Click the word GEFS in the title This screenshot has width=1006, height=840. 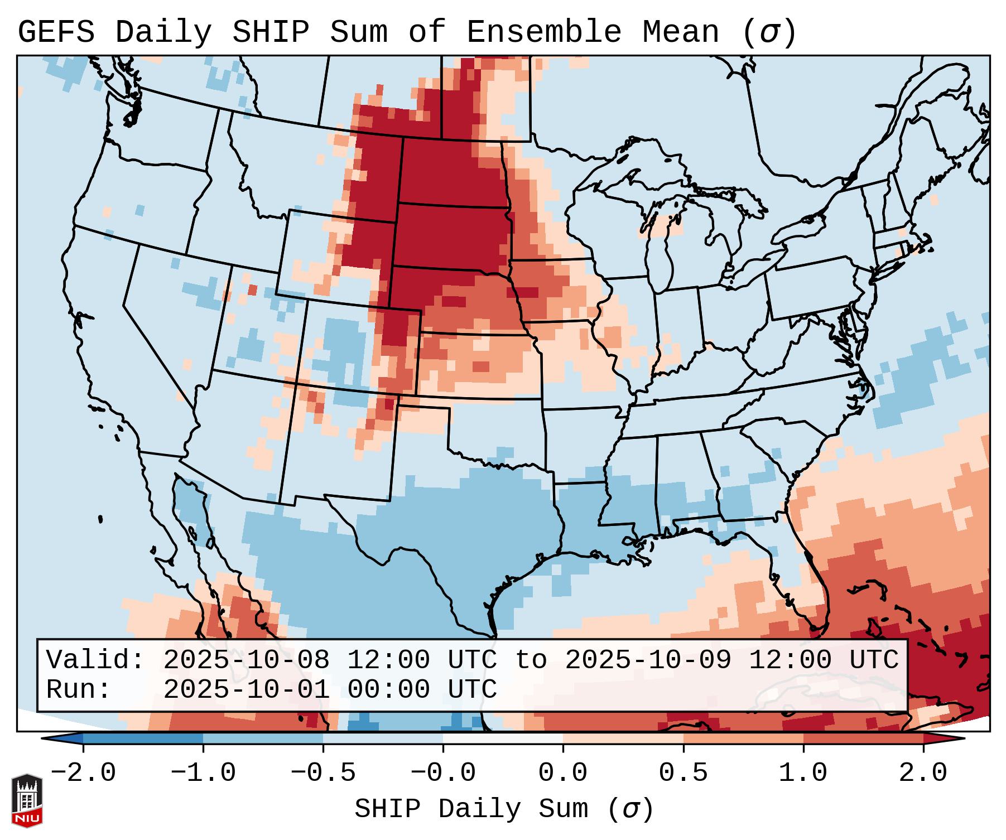click(56, 33)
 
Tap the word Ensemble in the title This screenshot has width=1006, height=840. click(543, 33)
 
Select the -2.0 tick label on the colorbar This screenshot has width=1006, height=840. click(83, 773)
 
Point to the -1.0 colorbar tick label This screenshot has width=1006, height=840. click(203, 773)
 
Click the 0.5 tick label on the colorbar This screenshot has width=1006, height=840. click(683, 773)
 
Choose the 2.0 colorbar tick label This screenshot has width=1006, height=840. click(923, 773)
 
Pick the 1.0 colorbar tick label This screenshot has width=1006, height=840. click(803, 773)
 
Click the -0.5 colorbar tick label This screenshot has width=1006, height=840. click(323, 773)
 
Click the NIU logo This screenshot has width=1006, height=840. click(27, 800)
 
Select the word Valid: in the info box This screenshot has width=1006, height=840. click(95, 660)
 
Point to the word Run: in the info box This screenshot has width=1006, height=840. click(79, 690)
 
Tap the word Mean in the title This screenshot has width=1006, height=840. click(681, 33)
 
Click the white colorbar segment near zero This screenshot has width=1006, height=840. click(503, 738)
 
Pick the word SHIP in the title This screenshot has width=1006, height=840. click(271, 33)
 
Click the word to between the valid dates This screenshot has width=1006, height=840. click(531, 660)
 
